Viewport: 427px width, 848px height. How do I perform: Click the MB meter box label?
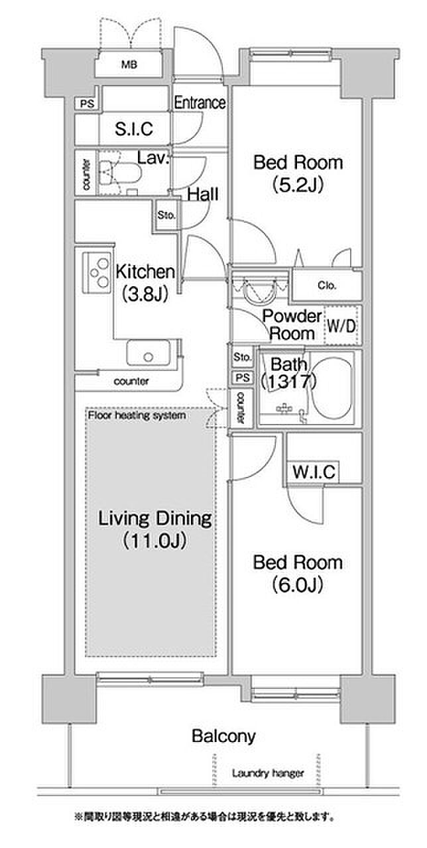(129, 65)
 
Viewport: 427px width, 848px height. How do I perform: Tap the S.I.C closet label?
(134, 129)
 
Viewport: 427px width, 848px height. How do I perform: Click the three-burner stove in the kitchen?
(97, 272)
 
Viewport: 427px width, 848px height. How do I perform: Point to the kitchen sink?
(148, 352)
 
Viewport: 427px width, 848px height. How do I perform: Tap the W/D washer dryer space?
(341, 325)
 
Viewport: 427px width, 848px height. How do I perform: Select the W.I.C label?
(314, 472)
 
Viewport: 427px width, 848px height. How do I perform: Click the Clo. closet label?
(327, 286)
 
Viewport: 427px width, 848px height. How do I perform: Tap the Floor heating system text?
(137, 415)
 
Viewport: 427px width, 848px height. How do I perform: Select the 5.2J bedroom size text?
(298, 185)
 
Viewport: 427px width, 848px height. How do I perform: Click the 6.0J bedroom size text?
(298, 585)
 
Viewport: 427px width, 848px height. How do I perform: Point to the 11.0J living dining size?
(155, 541)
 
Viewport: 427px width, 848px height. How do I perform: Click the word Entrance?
(200, 103)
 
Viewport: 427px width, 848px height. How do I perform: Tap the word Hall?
(203, 194)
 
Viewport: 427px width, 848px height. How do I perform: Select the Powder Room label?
(292, 325)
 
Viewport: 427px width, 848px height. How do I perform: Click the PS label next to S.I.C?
(87, 103)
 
